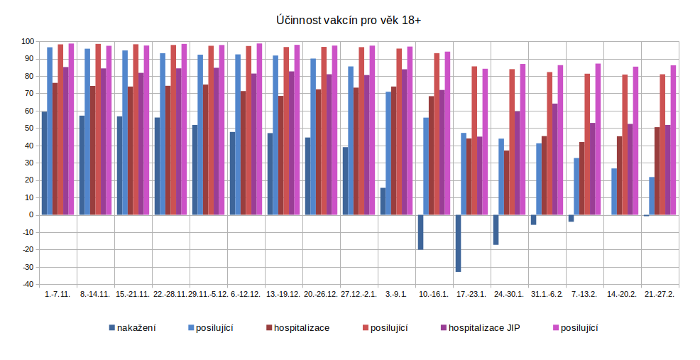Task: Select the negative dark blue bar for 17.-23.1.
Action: (x=458, y=243)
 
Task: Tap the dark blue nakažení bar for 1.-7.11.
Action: (x=44, y=163)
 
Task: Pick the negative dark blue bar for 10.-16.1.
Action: (x=420, y=232)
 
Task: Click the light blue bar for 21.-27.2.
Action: (x=652, y=196)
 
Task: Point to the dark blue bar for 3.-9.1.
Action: (x=383, y=202)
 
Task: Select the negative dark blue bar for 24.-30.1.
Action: (x=496, y=229)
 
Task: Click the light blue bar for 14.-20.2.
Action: (x=614, y=192)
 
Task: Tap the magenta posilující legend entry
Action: (x=579, y=327)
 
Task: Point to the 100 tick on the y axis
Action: (x=28, y=41)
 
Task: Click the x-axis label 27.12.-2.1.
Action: (x=359, y=294)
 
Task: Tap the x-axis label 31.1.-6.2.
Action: (x=547, y=294)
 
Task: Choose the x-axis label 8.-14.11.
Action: (x=94, y=294)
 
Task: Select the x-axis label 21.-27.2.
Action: (x=659, y=294)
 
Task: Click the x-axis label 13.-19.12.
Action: (x=283, y=294)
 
